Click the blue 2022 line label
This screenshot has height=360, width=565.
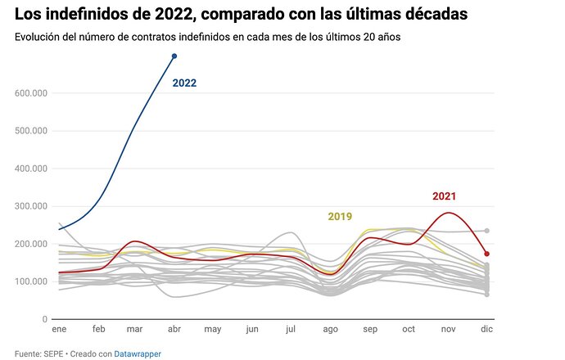tap(184, 83)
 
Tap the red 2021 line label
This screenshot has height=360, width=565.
tap(444, 196)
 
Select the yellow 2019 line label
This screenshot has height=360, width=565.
tap(340, 217)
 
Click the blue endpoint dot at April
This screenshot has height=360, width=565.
tap(174, 56)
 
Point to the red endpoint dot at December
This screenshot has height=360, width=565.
tap(487, 254)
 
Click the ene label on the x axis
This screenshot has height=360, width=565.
tap(60, 329)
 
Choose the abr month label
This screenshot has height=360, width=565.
tap(174, 329)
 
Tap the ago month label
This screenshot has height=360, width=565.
tap(331, 329)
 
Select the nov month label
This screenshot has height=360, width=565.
tap(447, 329)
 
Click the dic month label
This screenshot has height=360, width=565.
tap(486, 329)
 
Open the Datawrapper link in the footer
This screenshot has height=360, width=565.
tap(138, 353)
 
